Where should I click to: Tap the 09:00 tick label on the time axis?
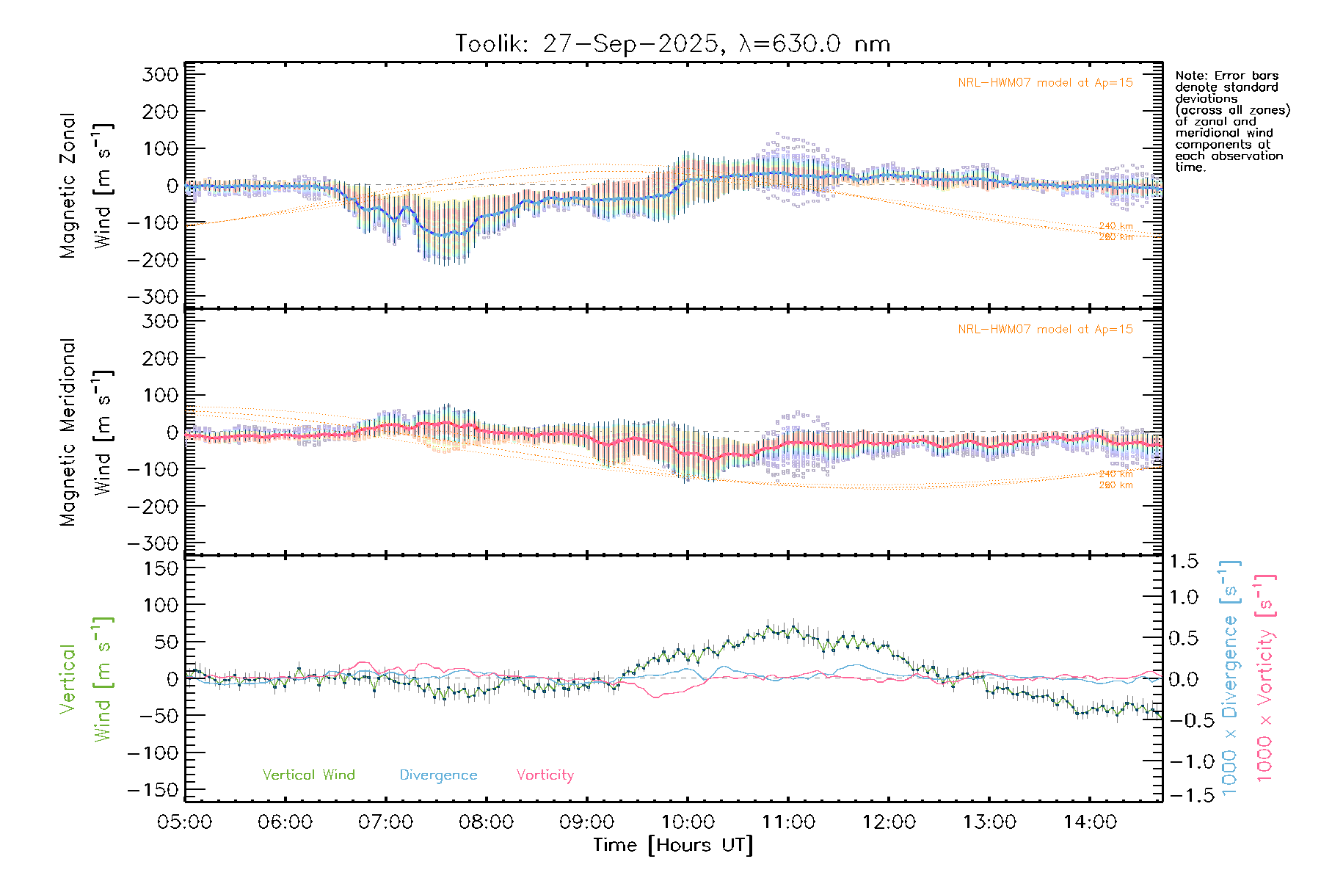coord(587,822)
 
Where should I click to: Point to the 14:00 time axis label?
coord(1090,822)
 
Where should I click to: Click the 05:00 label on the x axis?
coord(185,822)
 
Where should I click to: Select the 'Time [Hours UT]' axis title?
coord(673,845)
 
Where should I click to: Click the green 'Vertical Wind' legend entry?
coord(308,775)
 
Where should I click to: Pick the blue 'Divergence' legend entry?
coord(438,775)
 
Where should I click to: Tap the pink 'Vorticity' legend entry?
coord(545,775)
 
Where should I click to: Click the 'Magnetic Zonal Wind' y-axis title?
coord(86,185)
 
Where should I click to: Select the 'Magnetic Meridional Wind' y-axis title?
coord(86,432)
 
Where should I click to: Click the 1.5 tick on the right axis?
coord(1183,562)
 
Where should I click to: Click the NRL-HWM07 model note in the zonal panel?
coord(1045,83)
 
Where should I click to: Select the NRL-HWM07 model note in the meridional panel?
coord(1045,330)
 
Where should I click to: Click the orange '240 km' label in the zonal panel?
coord(1116,226)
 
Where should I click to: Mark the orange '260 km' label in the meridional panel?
coord(1116,485)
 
